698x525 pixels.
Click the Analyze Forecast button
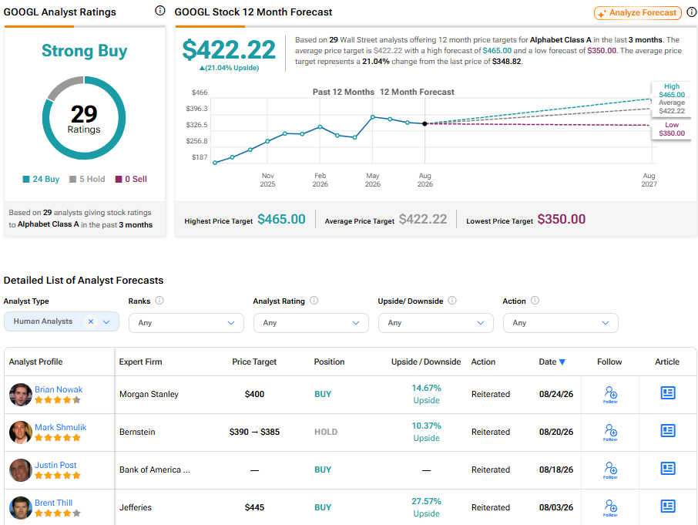click(638, 13)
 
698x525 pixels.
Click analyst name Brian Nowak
click(59, 389)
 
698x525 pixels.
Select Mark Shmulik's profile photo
click(21, 432)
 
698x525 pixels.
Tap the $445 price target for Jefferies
click(254, 507)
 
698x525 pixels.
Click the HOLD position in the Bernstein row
click(326, 432)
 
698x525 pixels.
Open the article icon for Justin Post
click(668, 469)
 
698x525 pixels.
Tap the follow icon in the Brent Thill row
click(610, 507)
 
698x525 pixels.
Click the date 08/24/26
click(556, 394)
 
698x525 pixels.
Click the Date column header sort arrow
click(562, 362)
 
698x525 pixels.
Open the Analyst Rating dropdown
click(310, 323)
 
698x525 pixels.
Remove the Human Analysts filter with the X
click(91, 321)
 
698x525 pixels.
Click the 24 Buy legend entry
click(41, 179)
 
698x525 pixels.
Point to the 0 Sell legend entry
click(131, 179)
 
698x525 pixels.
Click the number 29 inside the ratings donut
click(84, 114)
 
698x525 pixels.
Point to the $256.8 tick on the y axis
click(196, 141)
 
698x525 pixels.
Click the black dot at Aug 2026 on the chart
click(425, 124)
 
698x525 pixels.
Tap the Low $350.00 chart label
click(672, 130)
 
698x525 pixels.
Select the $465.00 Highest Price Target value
click(281, 219)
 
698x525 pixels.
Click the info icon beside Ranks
click(159, 301)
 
